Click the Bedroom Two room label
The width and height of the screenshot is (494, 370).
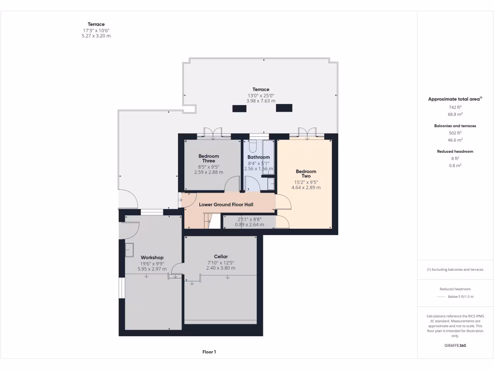[306, 174]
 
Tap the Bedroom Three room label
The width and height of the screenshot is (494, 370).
[208, 159]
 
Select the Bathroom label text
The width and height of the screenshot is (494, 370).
[259, 157]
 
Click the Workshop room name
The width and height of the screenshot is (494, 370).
[152, 257]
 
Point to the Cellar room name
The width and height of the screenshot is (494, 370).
[221, 256]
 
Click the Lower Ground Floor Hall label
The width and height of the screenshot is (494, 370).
[226, 204]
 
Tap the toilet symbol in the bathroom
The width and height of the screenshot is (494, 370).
[253, 146]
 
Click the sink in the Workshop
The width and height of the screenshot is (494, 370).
[130, 250]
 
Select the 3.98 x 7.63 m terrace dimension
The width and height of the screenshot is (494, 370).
[261, 101]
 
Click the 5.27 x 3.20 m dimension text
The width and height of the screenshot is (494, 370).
[96, 36]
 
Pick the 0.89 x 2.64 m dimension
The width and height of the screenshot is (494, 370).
[249, 225]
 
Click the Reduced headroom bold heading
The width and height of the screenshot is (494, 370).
[455, 151]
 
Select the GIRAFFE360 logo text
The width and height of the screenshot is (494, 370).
[455, 345]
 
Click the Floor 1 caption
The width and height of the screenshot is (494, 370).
[209, 352]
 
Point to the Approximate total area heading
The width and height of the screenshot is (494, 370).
[454, 99]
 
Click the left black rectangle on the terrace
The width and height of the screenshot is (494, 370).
[239, 108]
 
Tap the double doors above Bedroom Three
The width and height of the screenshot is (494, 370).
[213, 133]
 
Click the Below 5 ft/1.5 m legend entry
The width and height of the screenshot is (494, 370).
[461, 297]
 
